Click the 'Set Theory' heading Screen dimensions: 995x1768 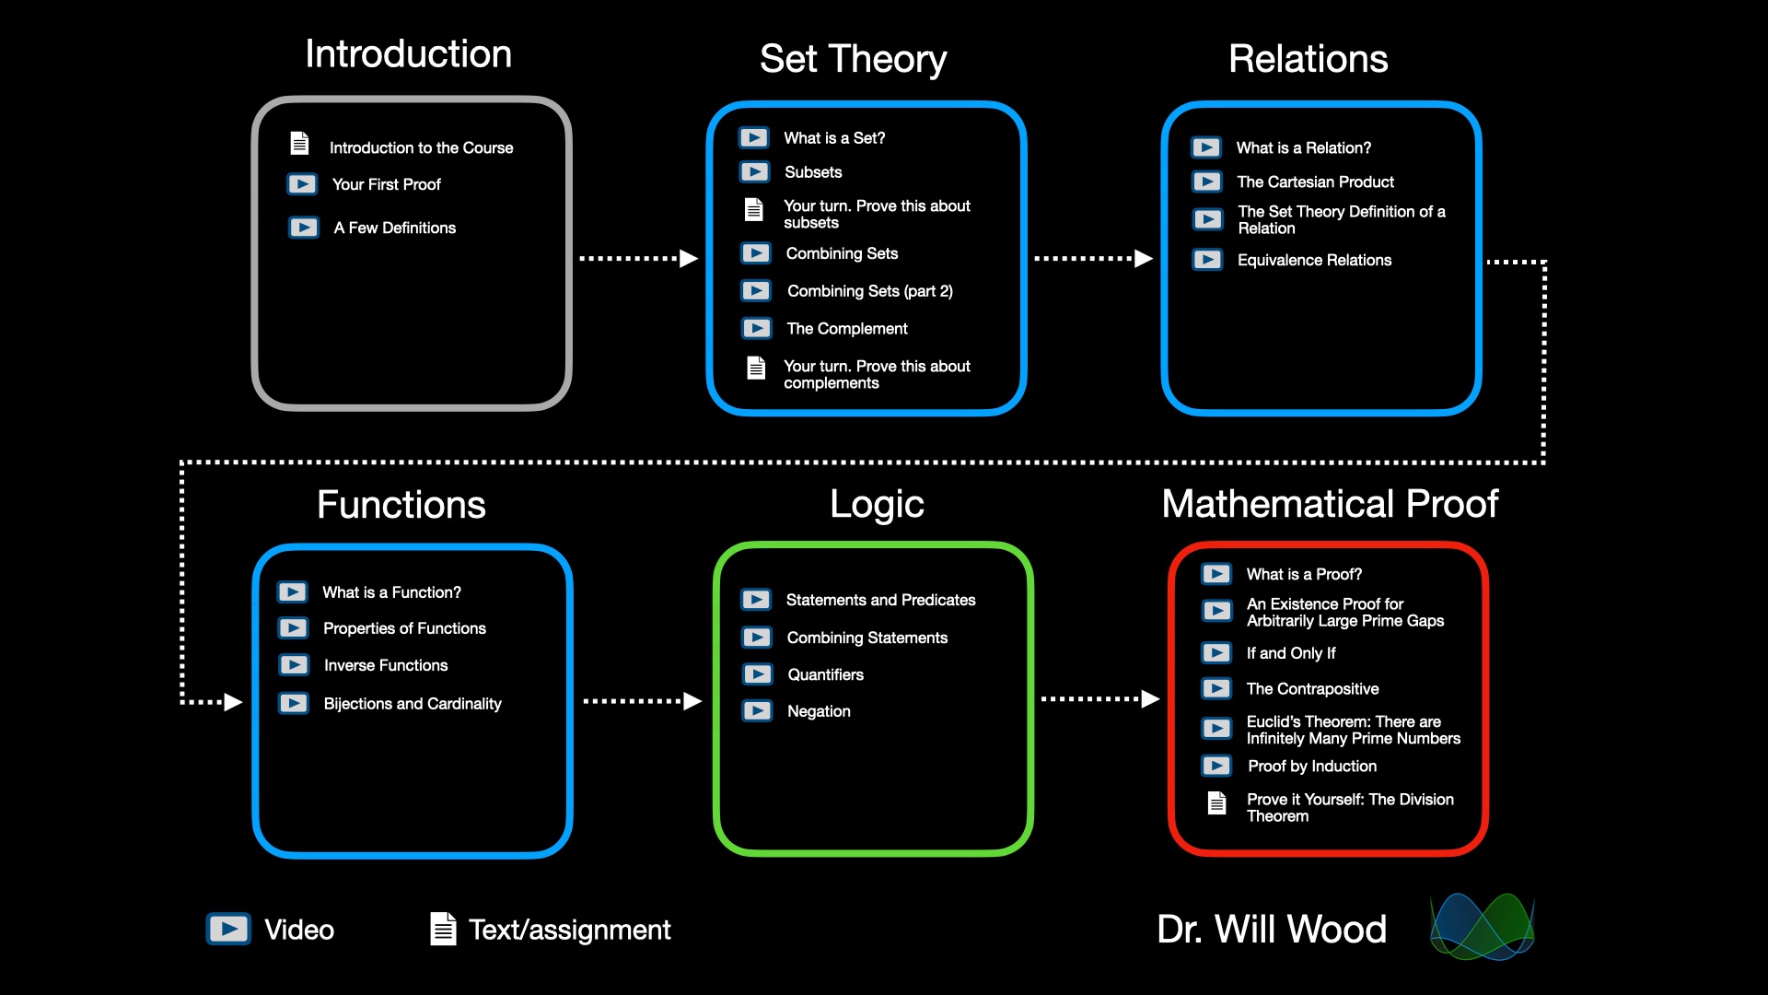coord(853,59)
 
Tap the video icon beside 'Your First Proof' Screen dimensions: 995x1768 coord(302,184)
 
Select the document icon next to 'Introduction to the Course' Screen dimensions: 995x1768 coord(299,144)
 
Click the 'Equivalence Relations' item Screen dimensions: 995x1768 coord(1314,261)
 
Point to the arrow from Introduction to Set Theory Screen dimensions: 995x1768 coord(638,259)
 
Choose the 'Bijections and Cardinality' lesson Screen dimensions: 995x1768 coord(413,704)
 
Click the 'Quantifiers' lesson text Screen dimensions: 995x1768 coord(825,675)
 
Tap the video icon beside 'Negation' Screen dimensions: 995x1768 coord(758,711)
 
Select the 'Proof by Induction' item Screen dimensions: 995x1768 coord(1312,767)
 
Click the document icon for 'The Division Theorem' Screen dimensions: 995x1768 coord(1216,803)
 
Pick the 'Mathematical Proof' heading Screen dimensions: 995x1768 coord(1330,504)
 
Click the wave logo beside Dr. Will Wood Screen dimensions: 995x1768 coord(1482,927)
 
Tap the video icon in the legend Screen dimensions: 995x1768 coord(228,929)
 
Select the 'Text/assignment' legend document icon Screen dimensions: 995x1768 coord(443,929)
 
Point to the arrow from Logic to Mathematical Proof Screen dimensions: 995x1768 coord(1099,699)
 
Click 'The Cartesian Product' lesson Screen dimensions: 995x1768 coord(1315,182)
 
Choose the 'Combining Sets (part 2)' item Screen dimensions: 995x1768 coord(870,291)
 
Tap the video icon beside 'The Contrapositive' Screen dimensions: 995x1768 coord(1216,688)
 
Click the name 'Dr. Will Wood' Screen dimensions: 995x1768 coord(1272,930)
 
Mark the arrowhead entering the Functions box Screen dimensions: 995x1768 coord(232,703)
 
